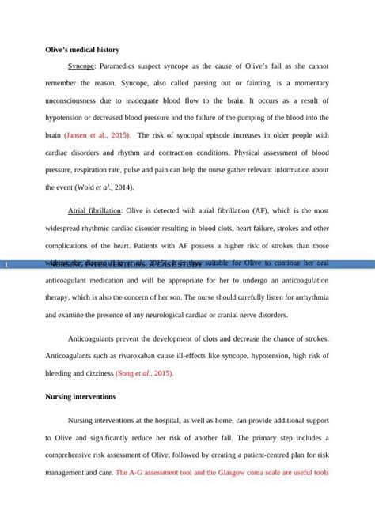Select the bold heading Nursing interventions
click(81, 396)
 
